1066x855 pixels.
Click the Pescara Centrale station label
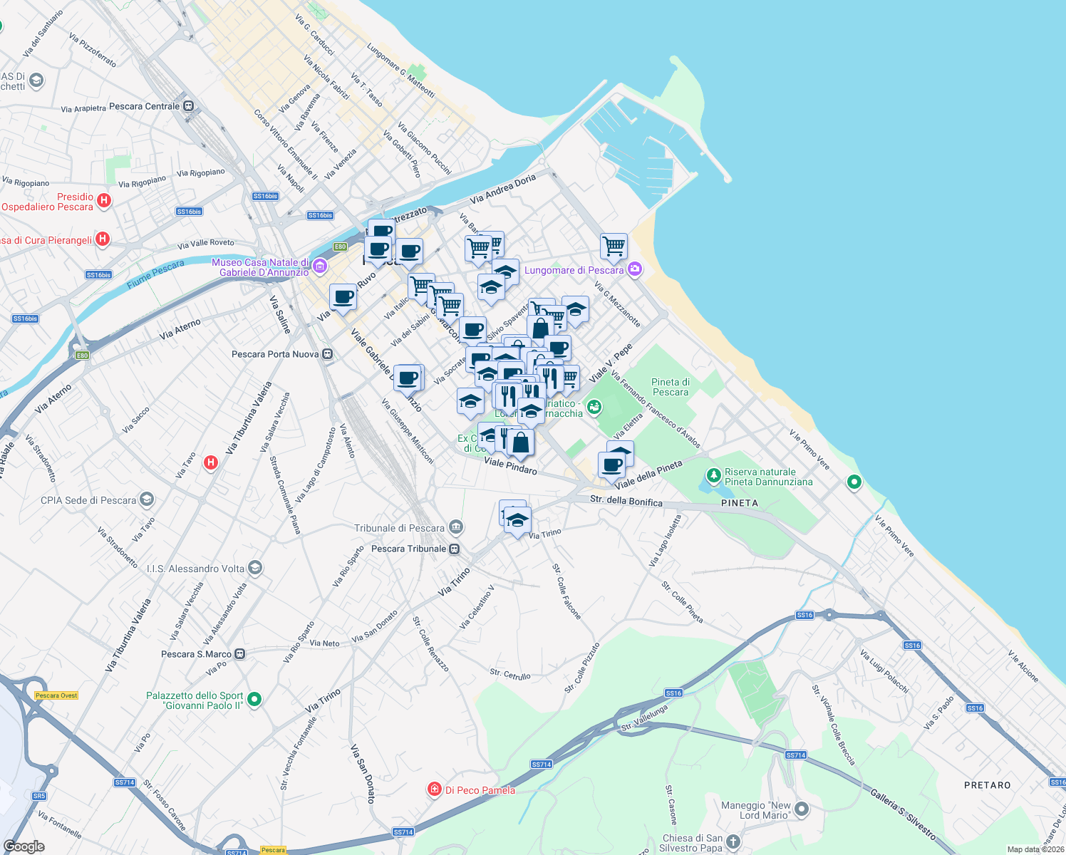145,106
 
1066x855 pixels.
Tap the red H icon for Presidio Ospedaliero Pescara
104,200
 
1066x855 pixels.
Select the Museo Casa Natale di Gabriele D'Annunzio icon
320,266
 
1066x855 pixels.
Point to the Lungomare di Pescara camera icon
635,269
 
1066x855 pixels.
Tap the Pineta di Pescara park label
670,387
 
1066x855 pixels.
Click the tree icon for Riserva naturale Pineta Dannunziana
713,475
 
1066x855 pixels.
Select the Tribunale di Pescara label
399,528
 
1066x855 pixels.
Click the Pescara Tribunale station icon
455,549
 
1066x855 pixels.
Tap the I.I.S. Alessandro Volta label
195,569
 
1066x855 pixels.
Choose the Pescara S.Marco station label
196,654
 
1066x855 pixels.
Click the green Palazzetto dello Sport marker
254,700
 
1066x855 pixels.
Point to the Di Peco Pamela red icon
434,789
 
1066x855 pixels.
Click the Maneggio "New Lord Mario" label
755,810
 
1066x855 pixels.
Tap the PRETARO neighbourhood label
987,785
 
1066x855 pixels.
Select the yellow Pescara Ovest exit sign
56,695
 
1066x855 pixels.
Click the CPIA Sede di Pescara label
88,500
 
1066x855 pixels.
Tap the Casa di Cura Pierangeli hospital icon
103,239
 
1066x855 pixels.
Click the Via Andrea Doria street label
503,189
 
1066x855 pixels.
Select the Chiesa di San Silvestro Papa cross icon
733,843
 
